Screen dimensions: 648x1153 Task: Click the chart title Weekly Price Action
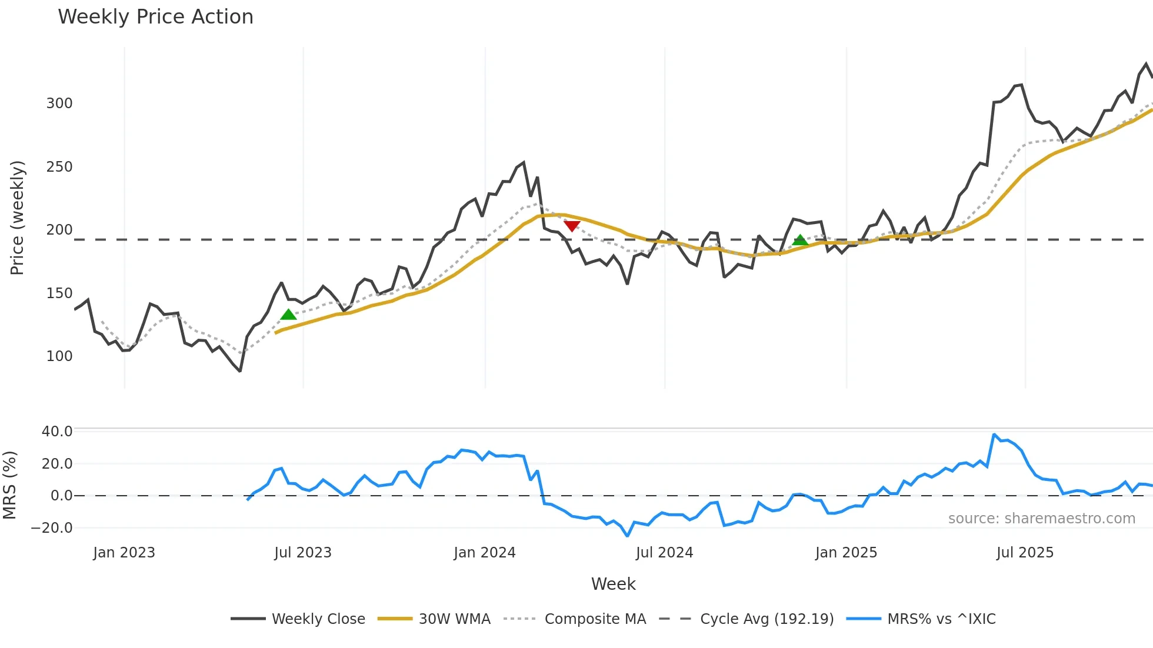pyautogui.click(x=155, y=17)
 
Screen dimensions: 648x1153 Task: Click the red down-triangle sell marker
pyautogui.click(x=572, y=226)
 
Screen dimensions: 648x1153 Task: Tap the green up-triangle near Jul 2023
pyautogui.click(x=288, y=315)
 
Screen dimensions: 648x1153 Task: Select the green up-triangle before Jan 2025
pyautogui.click(x=800, y=240)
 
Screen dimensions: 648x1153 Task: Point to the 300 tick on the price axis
pyautogui.click(x=59, y=103)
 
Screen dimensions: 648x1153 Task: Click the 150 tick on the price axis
pyautogui.click(x=59, y=293)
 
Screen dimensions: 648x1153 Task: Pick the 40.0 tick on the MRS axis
pyautogui.click(x=57, y=432)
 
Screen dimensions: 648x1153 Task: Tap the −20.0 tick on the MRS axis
pyautogui.click(x=52, y=528)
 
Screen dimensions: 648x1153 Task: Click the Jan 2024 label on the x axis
pyautogui.click(x=485, y=553)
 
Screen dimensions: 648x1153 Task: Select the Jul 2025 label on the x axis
pyautogui.click(x=1025, y=553)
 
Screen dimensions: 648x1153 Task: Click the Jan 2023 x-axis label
pyautogui.click(x=124, y=553)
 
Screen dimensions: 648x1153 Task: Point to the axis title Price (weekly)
pyautogui.click(x=18, y=218)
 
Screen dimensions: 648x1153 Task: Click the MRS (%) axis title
pyautogui.click(x=9, y=485)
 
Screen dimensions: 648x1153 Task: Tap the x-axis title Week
pyautogui.click(x=613, y=584)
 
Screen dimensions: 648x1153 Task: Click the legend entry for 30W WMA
pyautogui.click(x=454, y=619)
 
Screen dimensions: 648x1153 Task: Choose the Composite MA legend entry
pyautogui.click(x=595, y=619)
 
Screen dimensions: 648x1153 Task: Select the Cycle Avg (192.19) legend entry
pyautogui.click(x=767, y=619)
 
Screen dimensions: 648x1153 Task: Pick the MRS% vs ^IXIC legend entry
pyautogui.click(x=941, y=619)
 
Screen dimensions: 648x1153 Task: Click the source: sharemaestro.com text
pyautogui.click(x=1041, y=519)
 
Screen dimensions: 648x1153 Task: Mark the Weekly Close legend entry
pyautogui.click(x=318, y=619)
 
